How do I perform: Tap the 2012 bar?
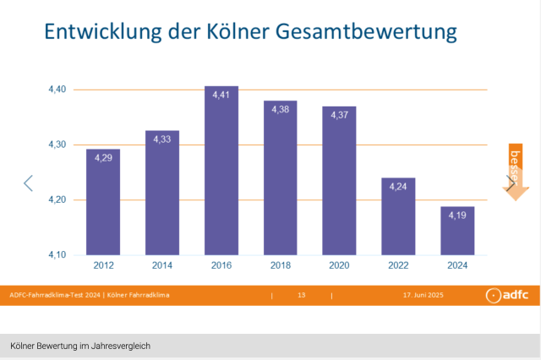tap(103, 202)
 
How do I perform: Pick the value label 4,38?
tap(281, 109)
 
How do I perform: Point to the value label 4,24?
tap(398, 187)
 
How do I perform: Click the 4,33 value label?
tap(162, 139)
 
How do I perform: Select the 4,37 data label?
tap(339, 115)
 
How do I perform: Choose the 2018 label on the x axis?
tap(280, 266)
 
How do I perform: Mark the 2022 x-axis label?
tap(398, 266)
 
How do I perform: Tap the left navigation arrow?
tap(28, 183)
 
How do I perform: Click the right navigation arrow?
tap(511, 183)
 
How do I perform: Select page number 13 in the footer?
tap(301, 295)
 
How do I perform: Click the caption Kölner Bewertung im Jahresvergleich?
tap(81, 346)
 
